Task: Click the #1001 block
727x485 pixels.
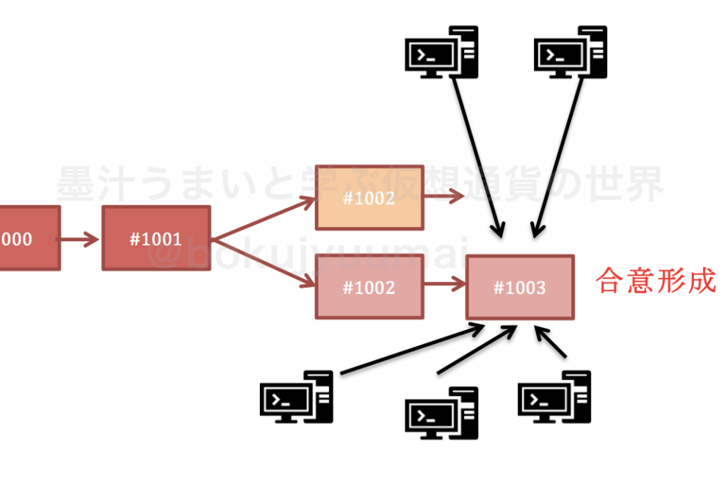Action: click(156, 238)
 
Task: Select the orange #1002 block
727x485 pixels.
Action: click(369, 197)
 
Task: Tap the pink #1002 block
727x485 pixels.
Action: click(369, 287)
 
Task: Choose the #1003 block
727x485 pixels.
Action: click(520, 287)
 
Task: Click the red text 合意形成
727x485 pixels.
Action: click(656, 281)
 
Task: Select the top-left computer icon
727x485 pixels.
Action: click(441, 51)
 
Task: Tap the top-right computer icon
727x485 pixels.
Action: click(571, 51)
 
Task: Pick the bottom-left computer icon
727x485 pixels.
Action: click(296, 397)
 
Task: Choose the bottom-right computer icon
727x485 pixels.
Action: click(554, 397)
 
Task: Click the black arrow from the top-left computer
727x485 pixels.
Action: click(478, 154)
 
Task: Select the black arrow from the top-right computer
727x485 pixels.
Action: click(558, 154)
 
